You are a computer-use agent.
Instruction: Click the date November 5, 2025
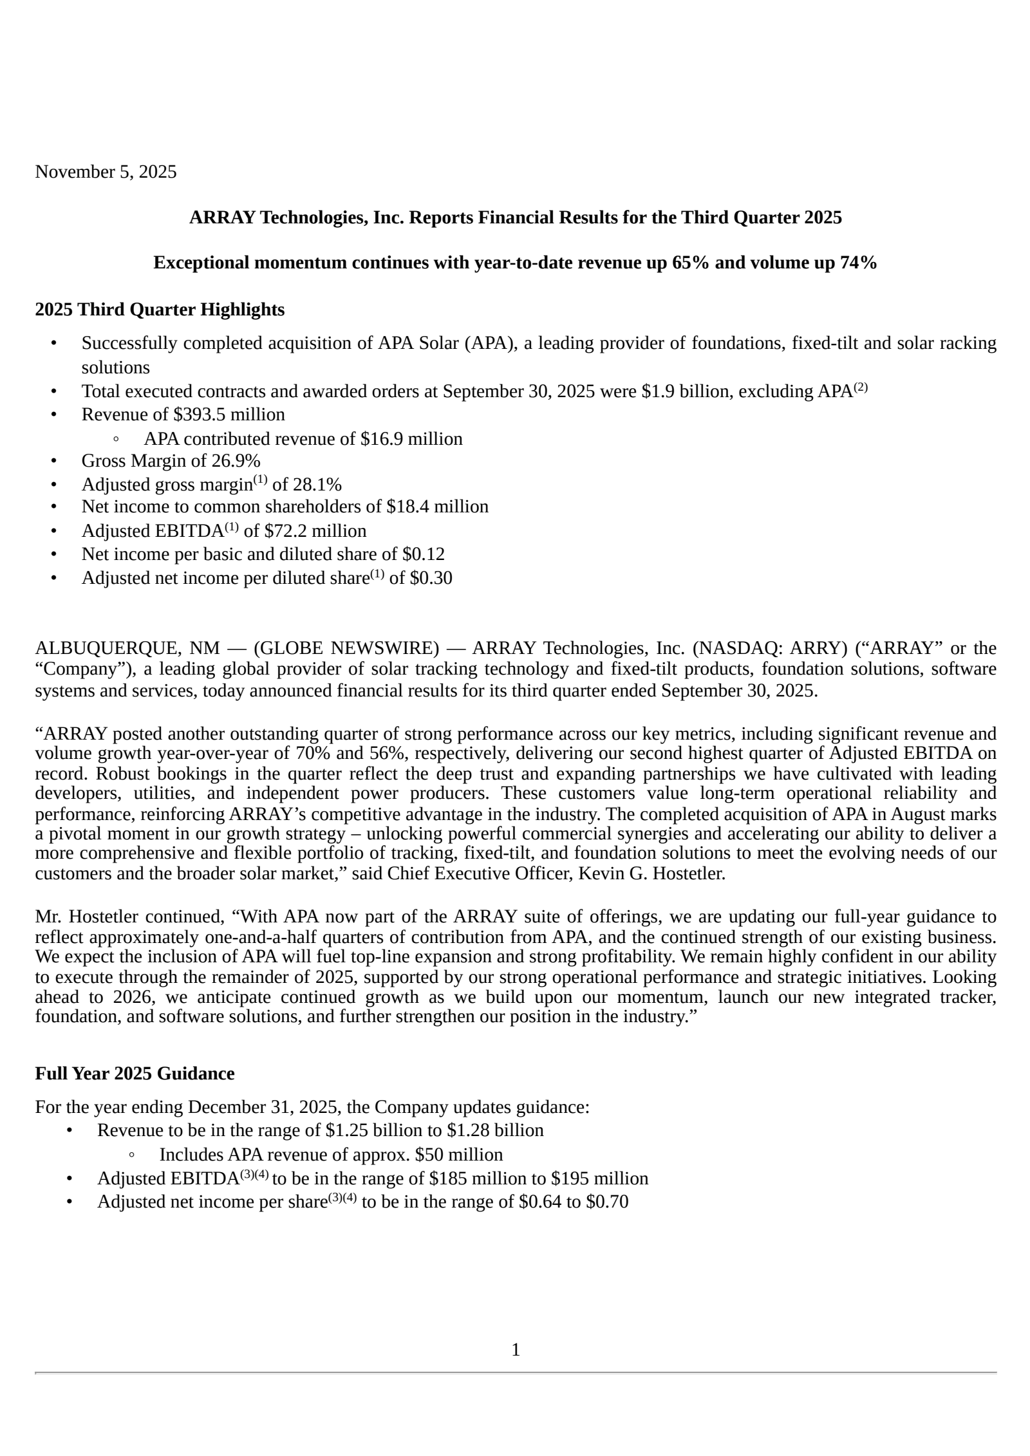[x=106, y=172]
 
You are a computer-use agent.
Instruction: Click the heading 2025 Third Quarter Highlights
[x=160, y=310]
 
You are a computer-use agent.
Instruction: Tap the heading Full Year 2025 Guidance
[x=135, y=1074]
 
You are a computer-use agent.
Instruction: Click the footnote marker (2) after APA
[x=861, y=388]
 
